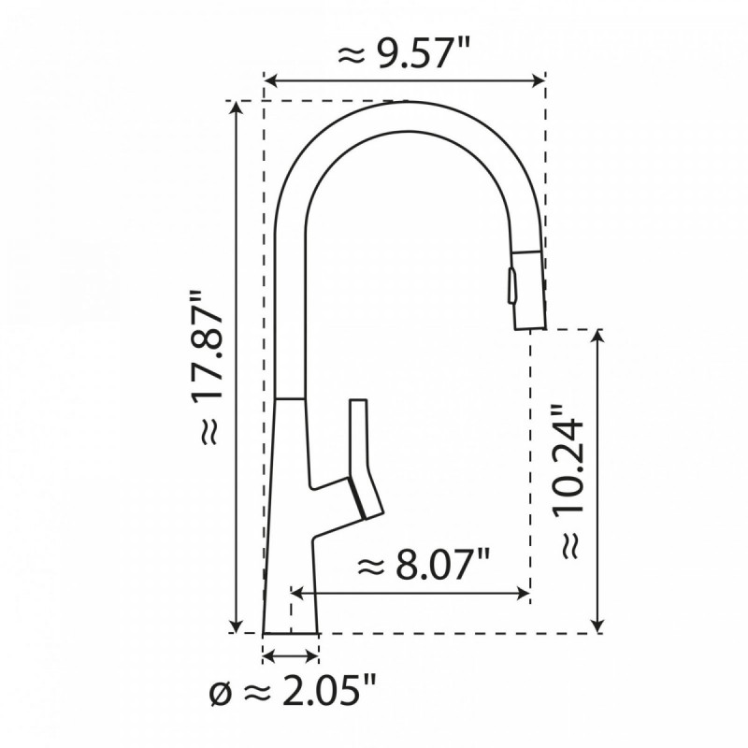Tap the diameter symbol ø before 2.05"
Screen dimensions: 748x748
[x=218, y=694]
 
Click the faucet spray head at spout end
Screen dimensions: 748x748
[x=526, y=285]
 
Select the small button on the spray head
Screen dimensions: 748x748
[x=511, y=283]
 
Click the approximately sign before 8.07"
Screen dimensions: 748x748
[x=371, y=565]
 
